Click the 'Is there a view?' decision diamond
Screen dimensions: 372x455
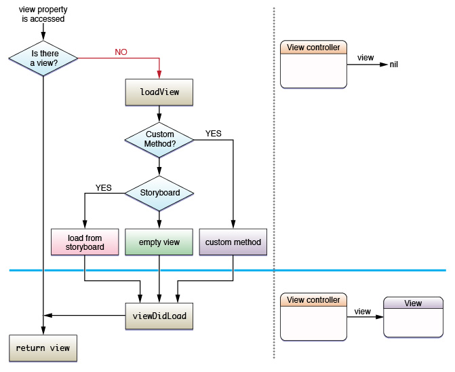[x=44, y=58]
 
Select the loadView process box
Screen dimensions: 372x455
[x=159, y=92]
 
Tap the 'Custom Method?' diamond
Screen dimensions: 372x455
[x=159, y=139]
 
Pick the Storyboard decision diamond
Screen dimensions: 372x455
[x=159, y=193]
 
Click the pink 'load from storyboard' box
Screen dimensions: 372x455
[x=85, y=242]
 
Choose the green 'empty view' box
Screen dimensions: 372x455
[x=159, y=242]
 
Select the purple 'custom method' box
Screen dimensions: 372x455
[x=233, y=242]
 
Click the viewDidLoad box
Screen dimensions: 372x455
[x=159, y=316]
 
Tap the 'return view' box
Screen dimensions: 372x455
[x=43, y=348]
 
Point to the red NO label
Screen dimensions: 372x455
[x=119, y=52]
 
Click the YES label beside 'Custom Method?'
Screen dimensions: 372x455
[x=213, y=133]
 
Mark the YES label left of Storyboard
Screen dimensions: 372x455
[x=104, y=187]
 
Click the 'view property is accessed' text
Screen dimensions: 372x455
[x=43, y=14]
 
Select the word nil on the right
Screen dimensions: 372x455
[x=394, y=64]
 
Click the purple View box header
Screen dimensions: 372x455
[x=412, y=303]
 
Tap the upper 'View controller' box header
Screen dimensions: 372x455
[x=313, y=48]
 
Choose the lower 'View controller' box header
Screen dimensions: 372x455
[x=313, y=300]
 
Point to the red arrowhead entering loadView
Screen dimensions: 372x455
[x=159, y=75]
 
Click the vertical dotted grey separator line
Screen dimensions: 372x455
[x=273, y=183]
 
